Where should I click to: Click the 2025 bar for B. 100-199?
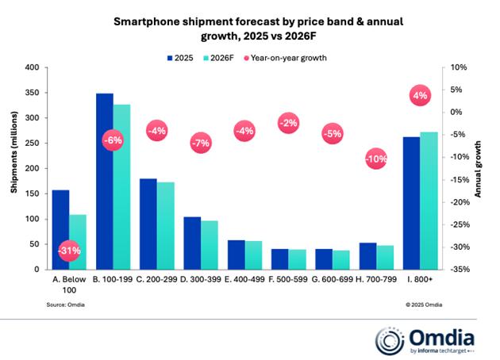[105, 182]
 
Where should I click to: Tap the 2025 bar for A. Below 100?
[61, 230]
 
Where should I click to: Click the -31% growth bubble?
[70, 251]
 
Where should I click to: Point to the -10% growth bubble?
[377, 159]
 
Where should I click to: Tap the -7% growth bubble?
[201, 144]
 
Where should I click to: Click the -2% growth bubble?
[289, 123]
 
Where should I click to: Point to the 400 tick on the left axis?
[31, 68]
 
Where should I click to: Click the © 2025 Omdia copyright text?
[424, 304]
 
